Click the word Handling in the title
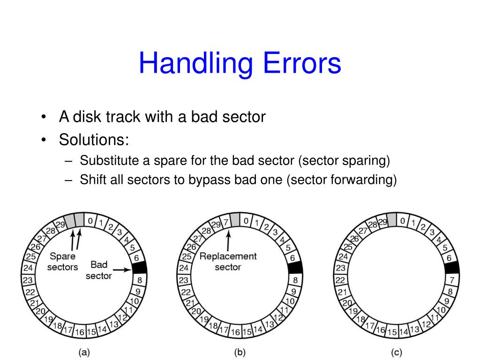(192, 64)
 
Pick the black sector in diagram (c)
(451, 268)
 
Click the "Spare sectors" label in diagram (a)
(62, 262)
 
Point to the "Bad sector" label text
(99, 270)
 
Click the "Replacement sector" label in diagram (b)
(228, 262)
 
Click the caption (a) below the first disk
(84, 352)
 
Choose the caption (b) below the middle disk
(240, 352)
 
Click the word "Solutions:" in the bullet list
(94, 139)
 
